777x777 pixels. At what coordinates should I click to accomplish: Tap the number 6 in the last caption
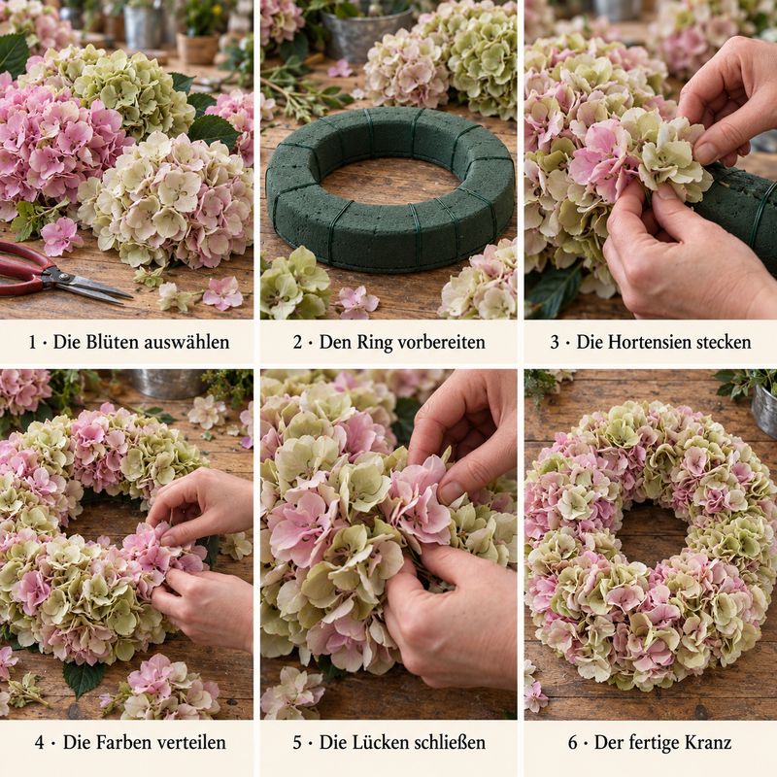[x=573, y=743]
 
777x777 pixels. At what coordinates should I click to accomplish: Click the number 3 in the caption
[x=555, y=343]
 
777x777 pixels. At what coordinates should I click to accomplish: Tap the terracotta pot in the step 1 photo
[x=198, y=48]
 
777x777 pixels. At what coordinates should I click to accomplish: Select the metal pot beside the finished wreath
[x=763, y=408]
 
